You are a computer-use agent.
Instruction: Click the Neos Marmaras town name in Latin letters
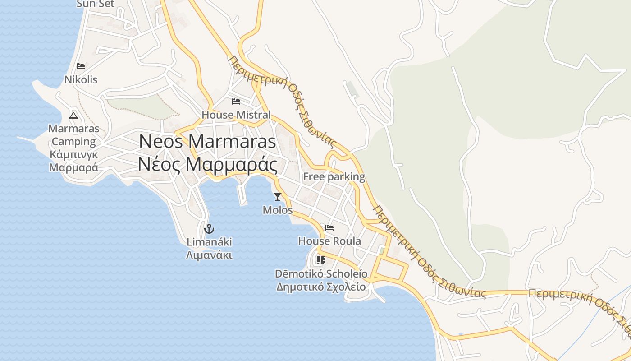pos(207,141)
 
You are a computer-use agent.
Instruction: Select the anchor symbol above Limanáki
pos(209,229)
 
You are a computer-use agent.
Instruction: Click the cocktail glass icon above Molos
pos(277,196)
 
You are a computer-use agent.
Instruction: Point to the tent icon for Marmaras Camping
pos(73,115)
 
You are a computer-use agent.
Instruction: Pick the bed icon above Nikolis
pos(81,66)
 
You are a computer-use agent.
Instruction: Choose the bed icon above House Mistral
pos(236,101)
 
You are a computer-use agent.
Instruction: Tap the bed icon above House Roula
pos(329,228)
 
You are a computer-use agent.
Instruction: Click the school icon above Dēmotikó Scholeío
pos(320,260)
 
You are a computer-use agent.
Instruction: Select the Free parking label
pos(334,176)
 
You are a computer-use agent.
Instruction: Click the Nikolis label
pos(81,80)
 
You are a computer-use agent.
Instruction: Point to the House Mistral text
pos(236,115)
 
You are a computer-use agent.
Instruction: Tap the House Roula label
pos(329,241)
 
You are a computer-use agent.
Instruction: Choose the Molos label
pos(277,210)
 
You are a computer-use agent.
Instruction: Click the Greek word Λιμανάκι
pos(209,255)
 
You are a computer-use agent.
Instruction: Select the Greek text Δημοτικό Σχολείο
pos(321,287)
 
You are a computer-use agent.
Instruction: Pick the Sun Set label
pos(96,4)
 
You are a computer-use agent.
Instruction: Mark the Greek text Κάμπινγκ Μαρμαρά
pos(73,161)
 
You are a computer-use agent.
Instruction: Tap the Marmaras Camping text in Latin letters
pos(73,135)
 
